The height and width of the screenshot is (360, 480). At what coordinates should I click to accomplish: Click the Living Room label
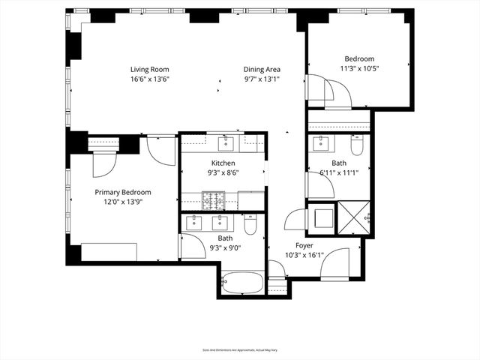pos(150,69)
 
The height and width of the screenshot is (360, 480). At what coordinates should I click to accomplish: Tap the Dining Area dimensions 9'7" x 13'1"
pos(262,79)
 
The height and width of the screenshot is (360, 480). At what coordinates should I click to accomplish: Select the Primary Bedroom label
pos(122,192)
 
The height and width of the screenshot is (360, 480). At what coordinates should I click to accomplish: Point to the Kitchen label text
pos(223,163)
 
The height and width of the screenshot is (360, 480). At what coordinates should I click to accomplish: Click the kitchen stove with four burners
pos(213,200)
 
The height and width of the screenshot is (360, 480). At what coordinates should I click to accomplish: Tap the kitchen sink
pos(226,142)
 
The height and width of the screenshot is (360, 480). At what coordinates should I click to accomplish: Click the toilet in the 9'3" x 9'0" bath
pos(251,223)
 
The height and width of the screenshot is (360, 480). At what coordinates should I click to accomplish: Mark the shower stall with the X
pos(354,217)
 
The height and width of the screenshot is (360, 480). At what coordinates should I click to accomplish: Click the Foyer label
pos(304,245)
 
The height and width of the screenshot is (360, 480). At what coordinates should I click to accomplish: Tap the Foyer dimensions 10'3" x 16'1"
pos(304,255)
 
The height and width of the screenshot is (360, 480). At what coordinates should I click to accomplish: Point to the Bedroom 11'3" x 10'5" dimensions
pos(359,69)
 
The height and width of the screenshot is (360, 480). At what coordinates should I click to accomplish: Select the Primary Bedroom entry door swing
pos(160,150)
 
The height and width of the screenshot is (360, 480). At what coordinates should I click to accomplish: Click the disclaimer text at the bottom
pos(240,349)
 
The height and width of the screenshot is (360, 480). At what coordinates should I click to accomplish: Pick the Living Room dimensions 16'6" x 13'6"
pos(150,79)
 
